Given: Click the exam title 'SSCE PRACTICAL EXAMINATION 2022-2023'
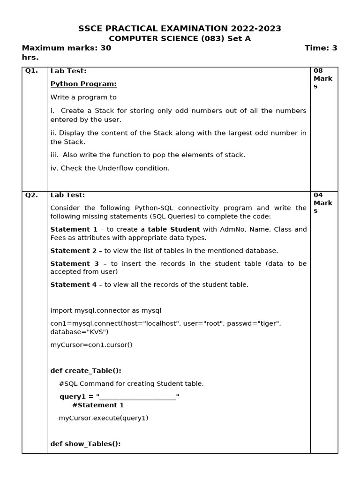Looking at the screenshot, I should pyautogui.click(x=180, y=29).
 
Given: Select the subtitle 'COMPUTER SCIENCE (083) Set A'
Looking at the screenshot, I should pyautogui.click(x=180, y=38).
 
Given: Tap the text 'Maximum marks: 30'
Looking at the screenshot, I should pyautogui.click(x=67, y=48).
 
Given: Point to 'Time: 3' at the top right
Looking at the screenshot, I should pyautogui.click(x=321, y=48).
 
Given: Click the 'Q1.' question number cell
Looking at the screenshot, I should pyautogui.click(x=31, y=71).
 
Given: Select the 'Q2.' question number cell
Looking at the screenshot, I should pyautogui.click(x=31, y=195).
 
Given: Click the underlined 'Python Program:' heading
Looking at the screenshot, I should pyautogui.click(x=83, y=84).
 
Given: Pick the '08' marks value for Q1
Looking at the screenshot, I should pyautogui.click(x=318, y=71).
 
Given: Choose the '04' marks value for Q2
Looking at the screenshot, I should pyautogui.click(x=318, y=195).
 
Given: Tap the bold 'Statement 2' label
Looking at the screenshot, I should pyautogui.click(x=74, y=251).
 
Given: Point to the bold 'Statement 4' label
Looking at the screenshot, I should pyautogui.click(x=74, y=285).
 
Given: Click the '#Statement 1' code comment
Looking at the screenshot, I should pyautogui.click(x=98, y=405).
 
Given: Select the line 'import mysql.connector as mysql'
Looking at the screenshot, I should pyautogui.click(x=105, y=310).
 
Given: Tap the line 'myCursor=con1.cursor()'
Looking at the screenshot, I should pyautogui.click(x=91, y=345).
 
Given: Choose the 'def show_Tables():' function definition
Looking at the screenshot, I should pyautogui.click(x=85, y=443).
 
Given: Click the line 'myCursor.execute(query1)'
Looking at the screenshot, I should pyautogui.click(x=103, y=418).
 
